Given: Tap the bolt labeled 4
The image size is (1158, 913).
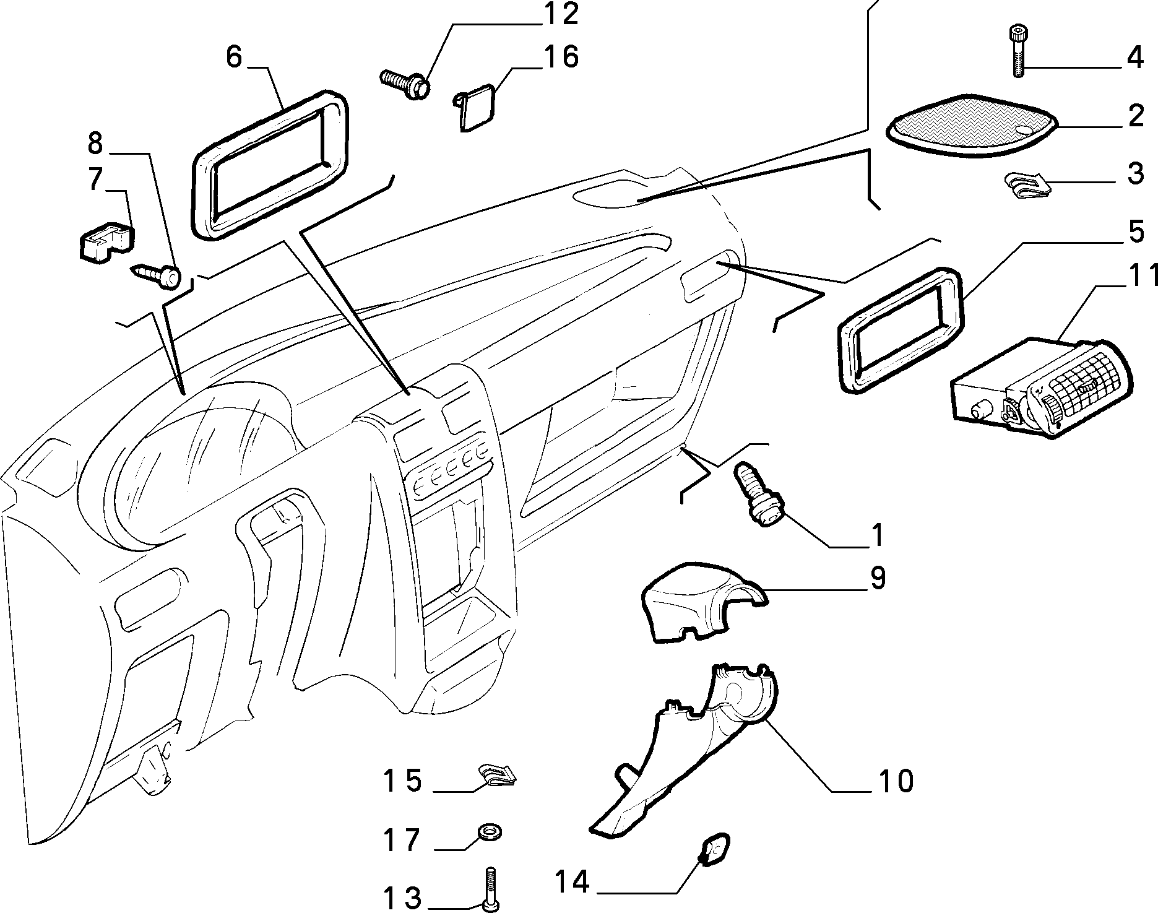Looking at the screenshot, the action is point(1018,50).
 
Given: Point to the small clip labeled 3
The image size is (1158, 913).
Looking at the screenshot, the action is point(1027,184).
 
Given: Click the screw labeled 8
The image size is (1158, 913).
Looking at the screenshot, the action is point(156,275).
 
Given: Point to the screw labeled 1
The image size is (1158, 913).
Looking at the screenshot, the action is point(758,505).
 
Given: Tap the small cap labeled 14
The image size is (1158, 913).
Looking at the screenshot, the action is point(714,849).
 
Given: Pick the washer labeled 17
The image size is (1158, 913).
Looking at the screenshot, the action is point(488,831).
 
